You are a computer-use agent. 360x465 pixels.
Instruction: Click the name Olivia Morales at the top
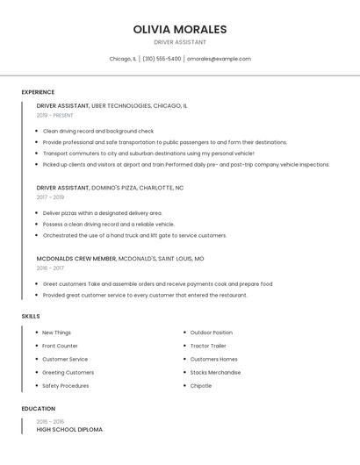[x=180, y=29]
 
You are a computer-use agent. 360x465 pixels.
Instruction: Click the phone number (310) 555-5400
[x=162, y=59]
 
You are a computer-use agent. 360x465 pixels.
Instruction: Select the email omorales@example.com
[x=219, y=59]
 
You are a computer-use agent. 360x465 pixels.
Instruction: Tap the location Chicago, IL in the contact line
[x=123, y=59]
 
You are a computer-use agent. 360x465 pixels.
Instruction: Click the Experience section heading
[x=38, y=92]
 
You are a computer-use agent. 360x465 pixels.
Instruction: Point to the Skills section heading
[x=31, y=316]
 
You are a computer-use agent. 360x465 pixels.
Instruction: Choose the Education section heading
[x=39, y=409]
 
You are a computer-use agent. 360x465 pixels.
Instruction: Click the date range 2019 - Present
[x=55, y=115]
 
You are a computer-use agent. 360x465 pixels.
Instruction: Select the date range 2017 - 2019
[x=51, y=197]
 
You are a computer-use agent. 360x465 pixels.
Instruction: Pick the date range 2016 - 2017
[x=51, y=268]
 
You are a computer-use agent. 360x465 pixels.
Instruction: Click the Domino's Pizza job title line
[x=110, y=188]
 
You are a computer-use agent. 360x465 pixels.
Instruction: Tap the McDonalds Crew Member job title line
[x=119, y=259]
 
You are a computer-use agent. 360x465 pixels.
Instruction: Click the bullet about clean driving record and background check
[x=98, y=131]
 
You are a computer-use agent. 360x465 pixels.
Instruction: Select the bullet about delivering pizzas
[x=103, y=213]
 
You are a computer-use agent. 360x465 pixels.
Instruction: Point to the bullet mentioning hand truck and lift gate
[x=134, y=235]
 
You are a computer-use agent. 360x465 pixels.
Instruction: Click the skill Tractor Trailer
[x=208, y=346]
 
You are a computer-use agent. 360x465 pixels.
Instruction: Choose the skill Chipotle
[x=201, y=385]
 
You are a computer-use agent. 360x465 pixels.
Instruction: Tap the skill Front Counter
[x=61, y=346]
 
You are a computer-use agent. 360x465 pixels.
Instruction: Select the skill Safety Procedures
[x=66, y=385]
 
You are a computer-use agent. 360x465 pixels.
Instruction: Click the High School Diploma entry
[x=69, y=430]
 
